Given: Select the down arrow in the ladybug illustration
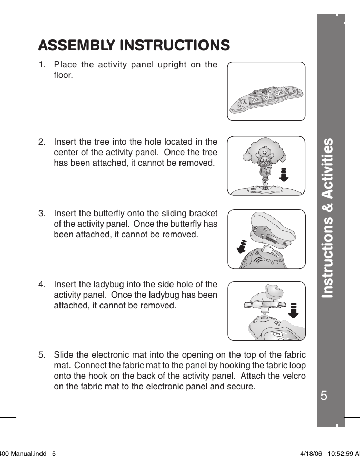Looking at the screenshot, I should click(x=294, y=311).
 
